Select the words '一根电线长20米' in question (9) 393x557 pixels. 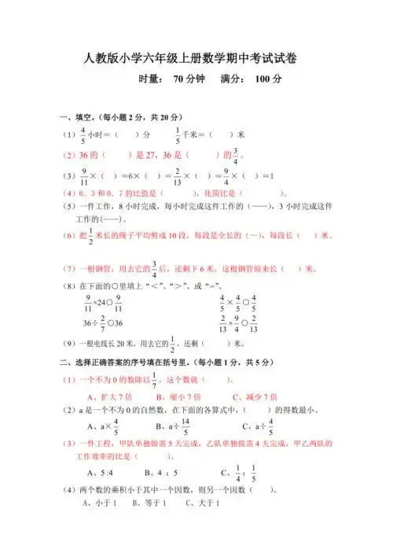click(x=108, y=343)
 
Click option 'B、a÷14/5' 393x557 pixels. click(x=173, y=427)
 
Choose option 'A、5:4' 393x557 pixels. click(x=98, y=473)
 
